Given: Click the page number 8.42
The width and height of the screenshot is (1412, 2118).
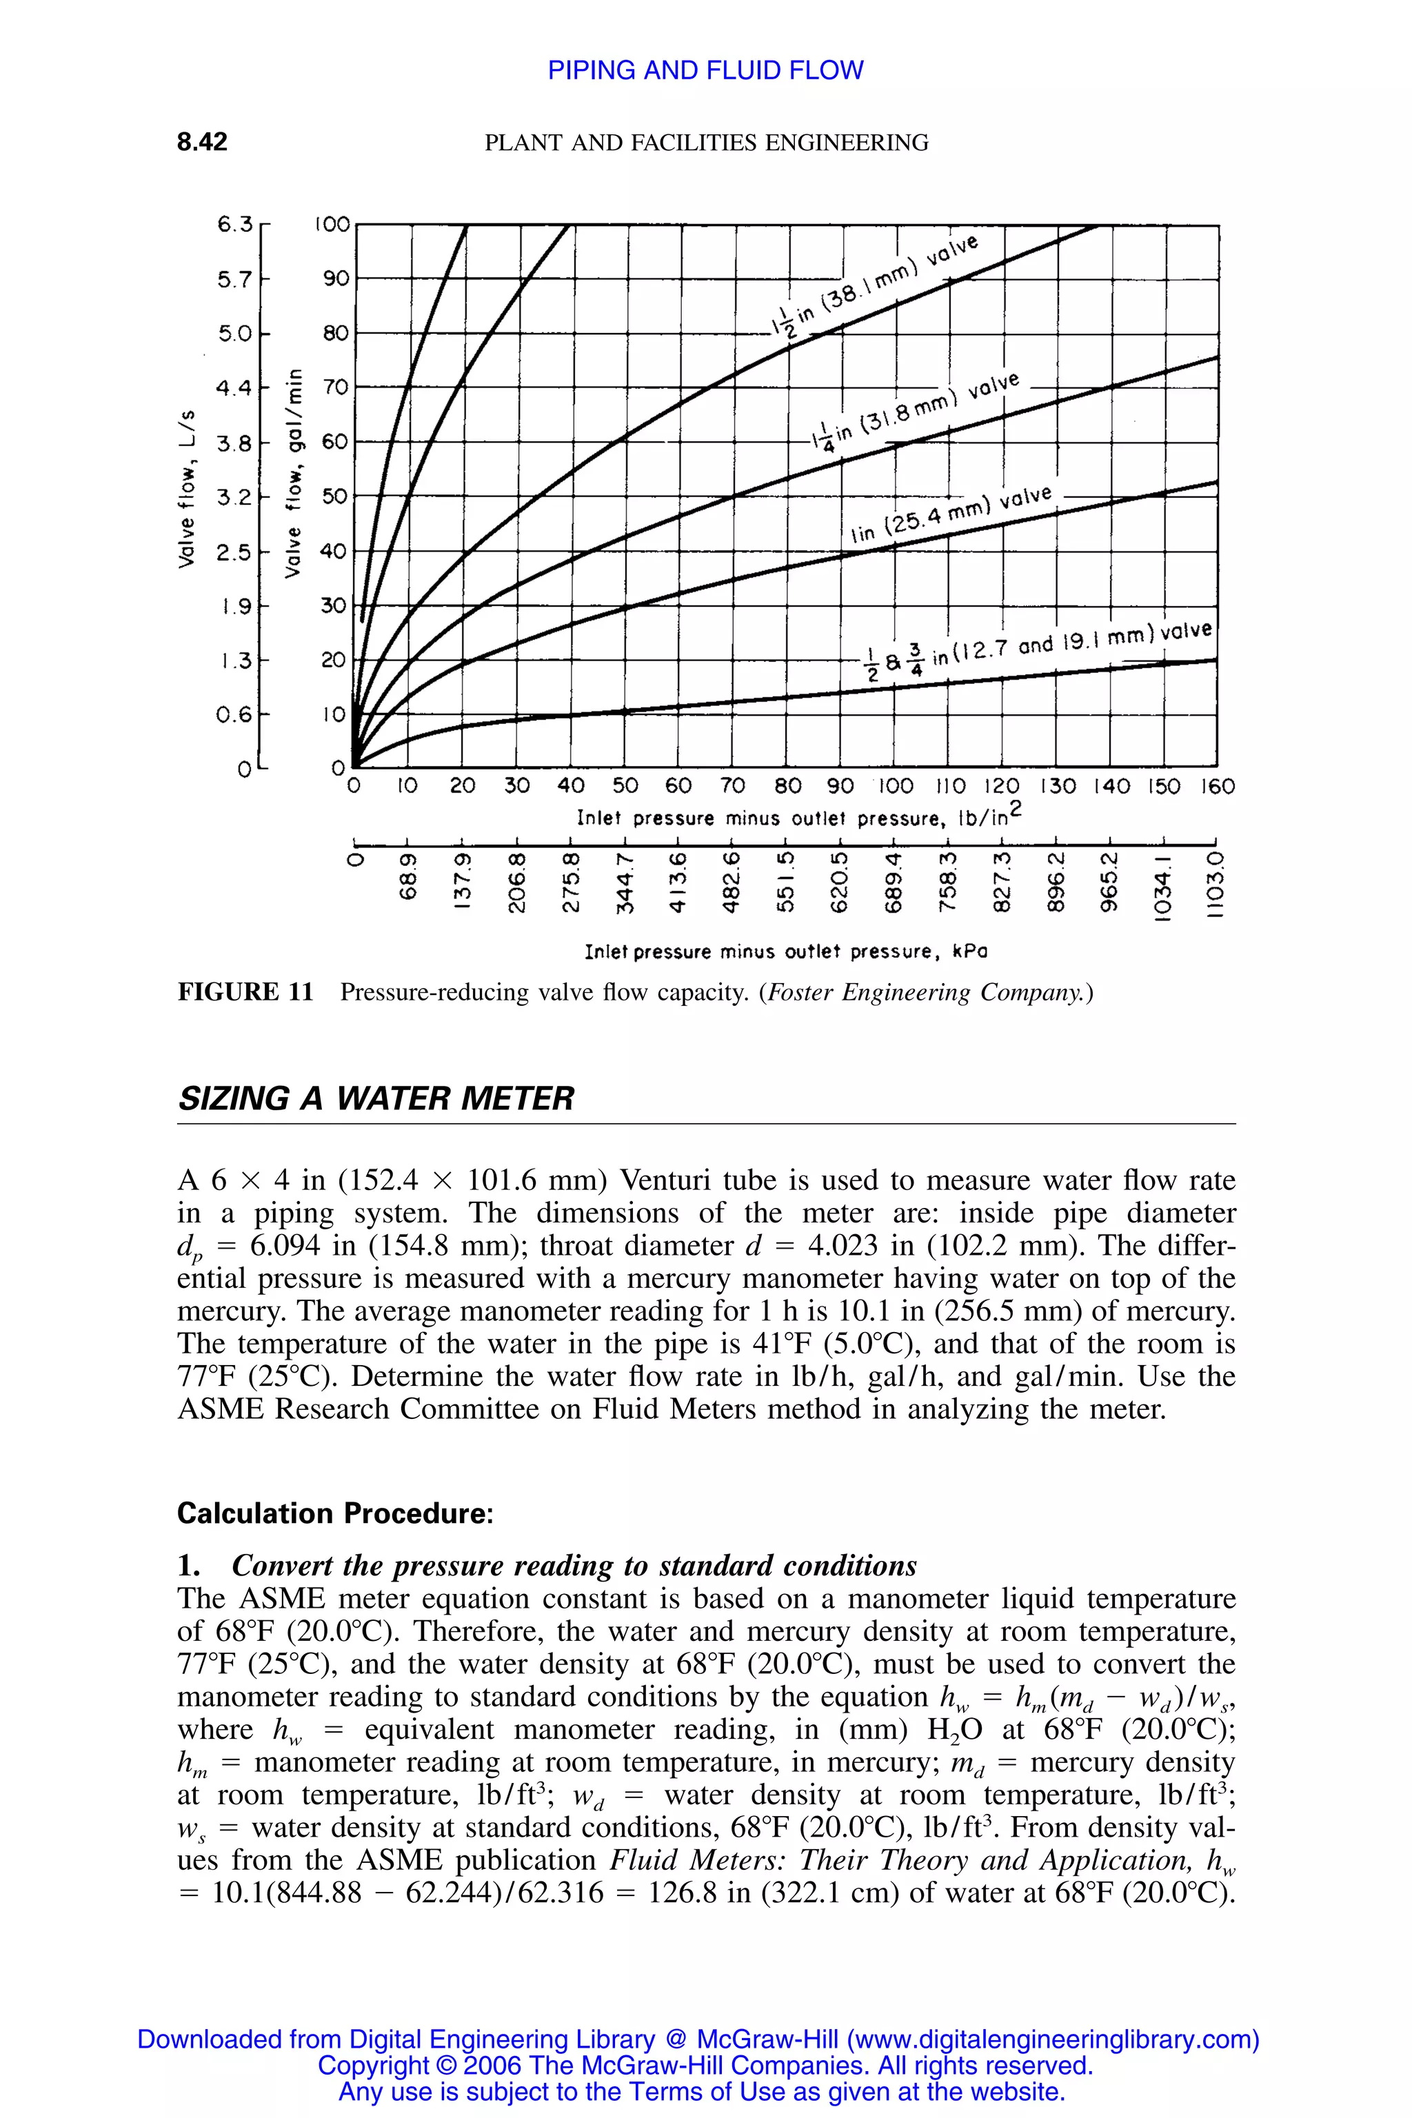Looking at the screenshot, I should click(202, 141).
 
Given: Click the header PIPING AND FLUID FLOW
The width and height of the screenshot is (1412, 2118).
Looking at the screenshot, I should click(705, 70).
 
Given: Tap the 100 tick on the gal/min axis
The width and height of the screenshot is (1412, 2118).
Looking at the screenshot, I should click(332, 224).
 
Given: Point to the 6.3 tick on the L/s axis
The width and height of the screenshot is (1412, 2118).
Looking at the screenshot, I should click(235, 224).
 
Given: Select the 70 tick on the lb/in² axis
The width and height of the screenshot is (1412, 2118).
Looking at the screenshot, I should click(733, 786).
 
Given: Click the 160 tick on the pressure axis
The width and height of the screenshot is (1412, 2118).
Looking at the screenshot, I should click(1218, 786).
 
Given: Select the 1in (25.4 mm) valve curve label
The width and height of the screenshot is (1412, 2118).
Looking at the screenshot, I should click(951, 515).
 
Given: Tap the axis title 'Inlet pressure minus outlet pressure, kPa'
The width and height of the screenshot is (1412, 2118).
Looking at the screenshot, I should click(785, 951).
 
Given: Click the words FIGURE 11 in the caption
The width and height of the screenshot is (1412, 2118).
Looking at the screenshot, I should click(245, 992).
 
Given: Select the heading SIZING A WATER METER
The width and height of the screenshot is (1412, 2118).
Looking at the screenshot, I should click(376, 1098).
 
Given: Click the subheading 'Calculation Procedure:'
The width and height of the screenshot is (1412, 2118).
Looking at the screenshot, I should click(335, 1513).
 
